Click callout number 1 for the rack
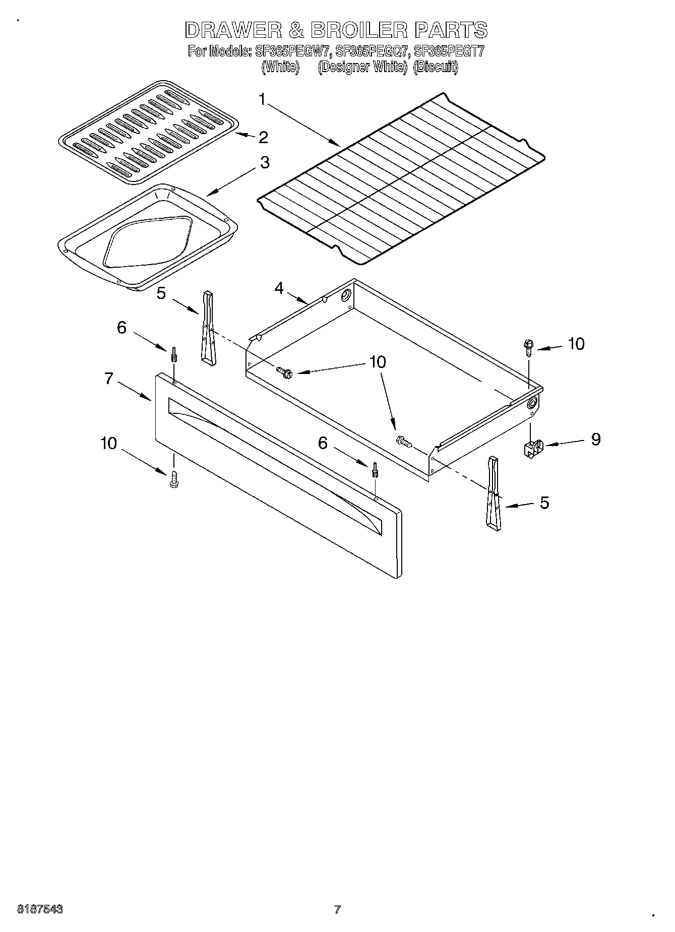tap(262, 100)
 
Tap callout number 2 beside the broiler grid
tap(263, 137)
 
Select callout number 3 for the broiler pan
tap(264, 163)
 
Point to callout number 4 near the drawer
tap(279, 288)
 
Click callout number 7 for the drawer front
tap(109, 378)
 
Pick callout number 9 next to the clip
tap(595, 439)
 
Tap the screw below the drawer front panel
tap(174, 479)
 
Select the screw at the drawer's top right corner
tap(528, 347)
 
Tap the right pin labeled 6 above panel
tap(375, 469)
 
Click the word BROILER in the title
tap(358, 30)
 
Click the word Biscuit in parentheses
tap(435, 67)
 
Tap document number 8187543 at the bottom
tap(40, 909)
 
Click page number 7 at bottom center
tap(337, 909)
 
